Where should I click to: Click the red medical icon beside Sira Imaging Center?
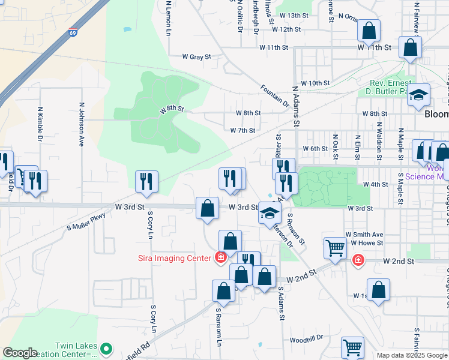221,258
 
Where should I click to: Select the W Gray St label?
197,57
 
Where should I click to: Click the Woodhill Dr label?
306,339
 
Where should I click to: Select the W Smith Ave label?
364,235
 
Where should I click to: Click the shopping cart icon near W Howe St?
334,247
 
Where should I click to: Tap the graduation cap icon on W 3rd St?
270,212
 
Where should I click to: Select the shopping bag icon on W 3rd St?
207,208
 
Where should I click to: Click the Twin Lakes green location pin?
106,348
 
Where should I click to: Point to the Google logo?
20,353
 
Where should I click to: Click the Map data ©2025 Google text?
411,355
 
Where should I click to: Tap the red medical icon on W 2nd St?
358,260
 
